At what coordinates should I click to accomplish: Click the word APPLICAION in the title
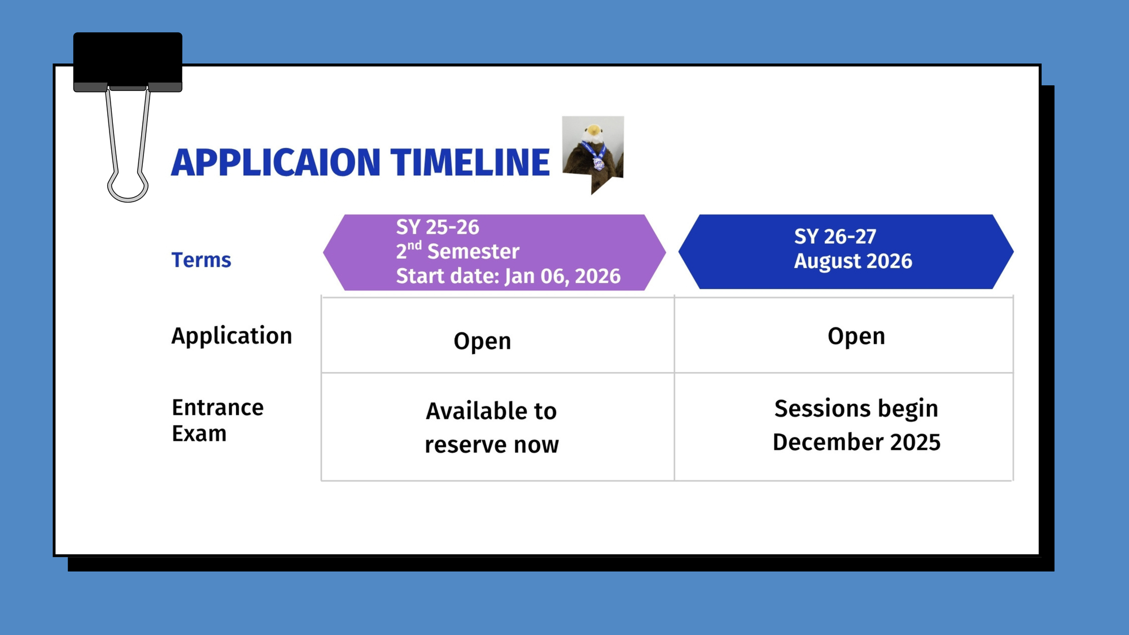(276, 163)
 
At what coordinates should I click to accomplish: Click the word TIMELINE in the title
(470, 163)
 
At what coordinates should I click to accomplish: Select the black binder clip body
(128, 62)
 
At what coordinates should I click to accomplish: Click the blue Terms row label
(202, 260)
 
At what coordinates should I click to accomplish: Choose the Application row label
(232, 336)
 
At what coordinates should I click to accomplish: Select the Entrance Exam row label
(218, 421)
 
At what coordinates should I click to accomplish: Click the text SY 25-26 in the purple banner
(437, 227)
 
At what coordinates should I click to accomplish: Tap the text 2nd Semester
(458, 251)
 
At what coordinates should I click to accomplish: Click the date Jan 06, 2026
(562, 276)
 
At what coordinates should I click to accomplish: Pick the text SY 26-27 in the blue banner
(835, 237)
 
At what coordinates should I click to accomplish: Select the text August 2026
(853, 261)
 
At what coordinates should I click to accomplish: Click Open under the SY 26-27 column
(856, 337)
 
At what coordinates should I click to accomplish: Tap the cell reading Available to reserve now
(492, 428)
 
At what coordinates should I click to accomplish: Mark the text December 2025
(856, 442)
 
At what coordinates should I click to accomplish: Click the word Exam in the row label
(199, 433)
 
